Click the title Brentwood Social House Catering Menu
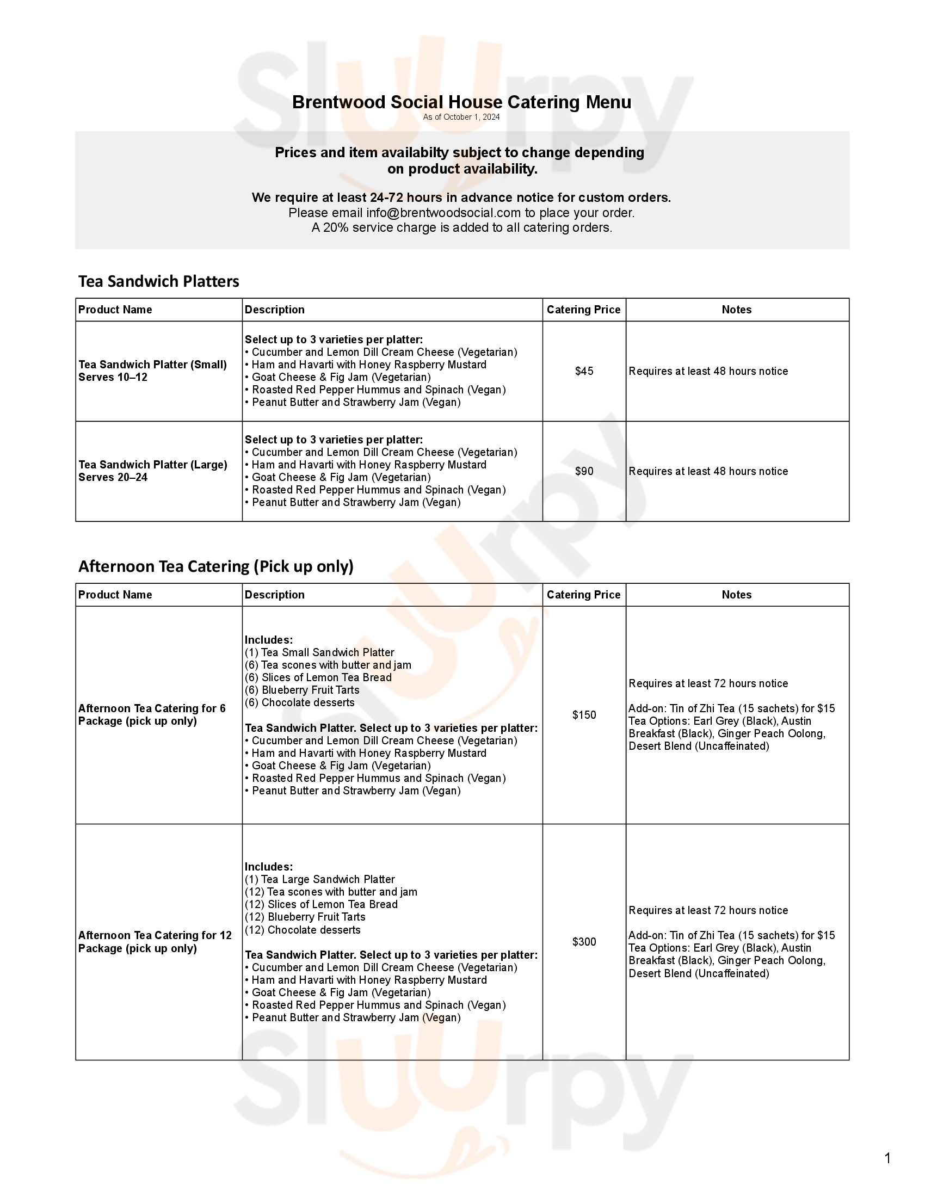coord(461,102)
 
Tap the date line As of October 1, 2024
coord(461,118)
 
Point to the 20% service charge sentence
coord(461,227)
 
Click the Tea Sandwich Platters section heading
coord(159,281)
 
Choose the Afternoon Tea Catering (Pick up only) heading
coord(216,566)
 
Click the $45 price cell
coord(584,371)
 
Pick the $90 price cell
coord(584,471)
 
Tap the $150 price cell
coord(584,715)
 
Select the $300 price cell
coord(584,942)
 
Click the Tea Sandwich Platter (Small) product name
coord(152,365)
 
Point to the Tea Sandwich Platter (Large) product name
coord(152,465)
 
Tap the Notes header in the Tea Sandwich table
coord(737,310)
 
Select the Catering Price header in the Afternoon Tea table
coord(584,595)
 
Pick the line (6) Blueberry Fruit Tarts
coord(302,690)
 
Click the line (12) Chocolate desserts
coord(303,930)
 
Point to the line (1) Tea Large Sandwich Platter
coord(319,880)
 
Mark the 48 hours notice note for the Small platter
coord(708,371)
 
